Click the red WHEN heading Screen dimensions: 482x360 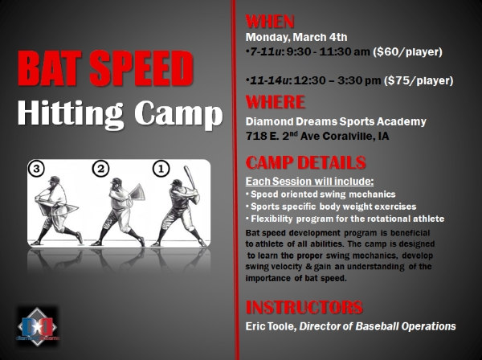(x=270, y=22)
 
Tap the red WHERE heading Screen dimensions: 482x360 (x=276, y=102)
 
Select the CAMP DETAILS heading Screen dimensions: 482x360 (x=306, y=162)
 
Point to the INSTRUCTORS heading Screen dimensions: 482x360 (x=304, y=307)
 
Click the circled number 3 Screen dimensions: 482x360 (x=36, y=169)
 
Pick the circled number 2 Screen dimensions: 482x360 (x=101, y=169)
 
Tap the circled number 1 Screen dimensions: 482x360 (x=161, y=169)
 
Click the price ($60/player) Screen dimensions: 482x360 (x=407, y=51)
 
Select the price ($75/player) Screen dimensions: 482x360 (x=419, y=80)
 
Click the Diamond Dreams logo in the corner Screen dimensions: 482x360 (x=37, y=327)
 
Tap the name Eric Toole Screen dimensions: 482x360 (x=271, y=326)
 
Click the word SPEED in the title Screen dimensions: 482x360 (x=141, y=68)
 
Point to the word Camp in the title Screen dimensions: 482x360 (x=178, y=113)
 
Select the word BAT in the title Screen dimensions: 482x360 (x=50, y=68)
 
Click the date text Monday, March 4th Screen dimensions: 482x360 (x=296, y=37)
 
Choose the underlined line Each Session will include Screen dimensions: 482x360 (x=309, y=182)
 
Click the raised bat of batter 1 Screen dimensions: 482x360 (x=190, y=177)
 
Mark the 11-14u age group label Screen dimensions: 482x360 (x=270, y=80)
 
